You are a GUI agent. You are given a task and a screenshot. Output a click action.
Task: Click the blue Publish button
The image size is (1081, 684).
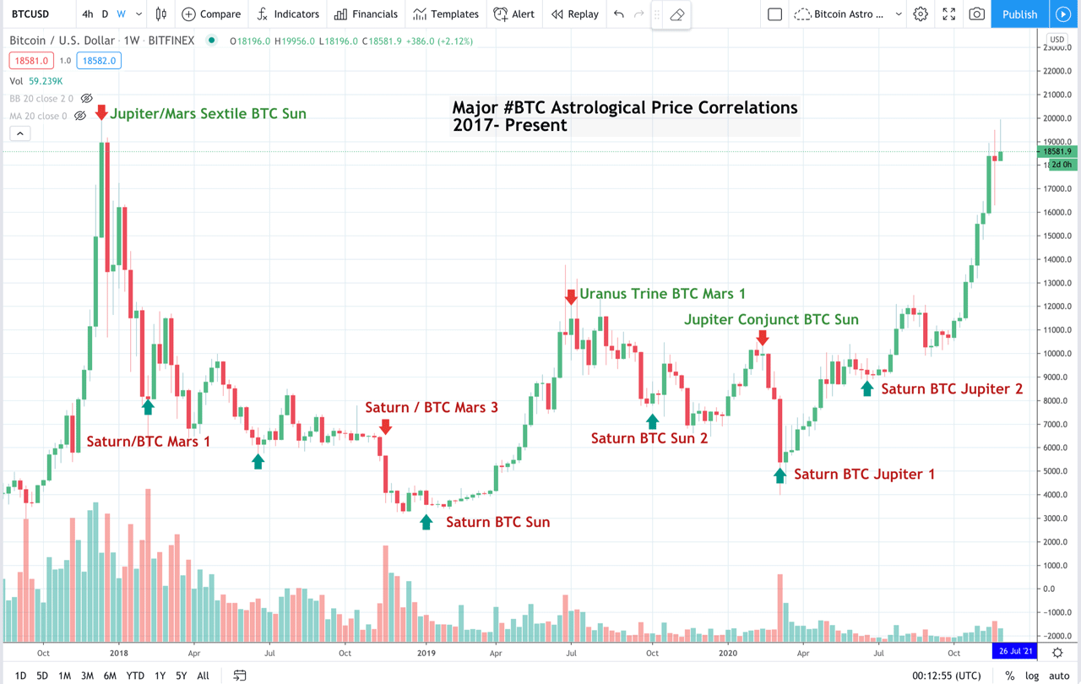pos(1019,14)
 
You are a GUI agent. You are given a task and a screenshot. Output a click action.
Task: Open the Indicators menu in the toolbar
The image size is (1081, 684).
pos(288,14)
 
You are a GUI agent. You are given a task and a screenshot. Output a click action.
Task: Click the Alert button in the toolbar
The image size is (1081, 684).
pos(513,14)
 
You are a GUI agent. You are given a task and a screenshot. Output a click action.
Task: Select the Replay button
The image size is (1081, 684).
pos(574,14)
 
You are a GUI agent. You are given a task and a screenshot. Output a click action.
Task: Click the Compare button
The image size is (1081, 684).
pos(211,14)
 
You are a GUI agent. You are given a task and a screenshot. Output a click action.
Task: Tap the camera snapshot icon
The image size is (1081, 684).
pos(977,14)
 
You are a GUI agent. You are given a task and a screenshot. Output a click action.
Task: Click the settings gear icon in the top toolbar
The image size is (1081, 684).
pos(921,14)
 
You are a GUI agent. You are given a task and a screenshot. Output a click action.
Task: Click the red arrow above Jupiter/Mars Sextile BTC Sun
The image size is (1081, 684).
pos(101,112)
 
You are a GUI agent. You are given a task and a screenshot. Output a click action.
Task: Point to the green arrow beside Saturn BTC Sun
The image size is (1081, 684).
pos(426,522)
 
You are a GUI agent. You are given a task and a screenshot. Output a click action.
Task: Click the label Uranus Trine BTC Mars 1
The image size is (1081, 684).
pos(662,294)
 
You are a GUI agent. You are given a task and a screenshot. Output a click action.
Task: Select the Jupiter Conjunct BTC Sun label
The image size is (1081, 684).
pos(771,319)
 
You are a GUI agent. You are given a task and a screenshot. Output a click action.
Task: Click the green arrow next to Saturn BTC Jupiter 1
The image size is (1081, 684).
pos(780,475)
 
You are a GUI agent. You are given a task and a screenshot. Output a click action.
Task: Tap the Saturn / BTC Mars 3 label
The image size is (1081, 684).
pos(432,408)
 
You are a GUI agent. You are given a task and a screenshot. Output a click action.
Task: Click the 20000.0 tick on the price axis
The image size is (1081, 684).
pos(1056,118)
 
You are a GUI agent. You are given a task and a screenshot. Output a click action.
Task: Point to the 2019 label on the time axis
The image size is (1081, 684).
pos(426,653)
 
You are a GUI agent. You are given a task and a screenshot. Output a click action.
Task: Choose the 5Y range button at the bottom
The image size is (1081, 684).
pos(182,676)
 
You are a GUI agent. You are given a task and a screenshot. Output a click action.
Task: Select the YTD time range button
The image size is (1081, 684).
pos(135,676)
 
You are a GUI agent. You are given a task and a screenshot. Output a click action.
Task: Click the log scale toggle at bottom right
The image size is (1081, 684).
pos(1032,676)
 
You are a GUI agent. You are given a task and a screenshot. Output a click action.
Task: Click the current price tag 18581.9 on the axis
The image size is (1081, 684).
pos(1057,152)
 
